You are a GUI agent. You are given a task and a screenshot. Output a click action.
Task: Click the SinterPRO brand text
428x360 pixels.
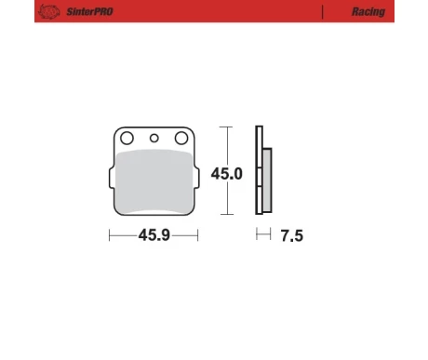(89, 12)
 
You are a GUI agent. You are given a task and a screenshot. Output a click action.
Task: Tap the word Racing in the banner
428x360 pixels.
(368, 12)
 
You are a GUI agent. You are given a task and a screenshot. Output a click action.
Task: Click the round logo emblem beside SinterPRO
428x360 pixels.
(49, 12)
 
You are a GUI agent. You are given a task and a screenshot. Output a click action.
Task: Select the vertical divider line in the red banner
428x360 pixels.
(323, 12)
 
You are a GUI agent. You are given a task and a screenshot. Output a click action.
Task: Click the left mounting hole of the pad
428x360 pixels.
(127, 138)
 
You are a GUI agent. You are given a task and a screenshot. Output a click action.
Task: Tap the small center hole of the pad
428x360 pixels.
(154, 139)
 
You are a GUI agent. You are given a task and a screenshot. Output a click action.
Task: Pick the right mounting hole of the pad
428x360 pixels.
(181, 138)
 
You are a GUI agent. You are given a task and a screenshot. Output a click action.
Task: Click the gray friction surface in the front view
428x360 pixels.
(154, 181)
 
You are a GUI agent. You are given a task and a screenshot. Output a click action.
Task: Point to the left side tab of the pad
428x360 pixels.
(112, 178)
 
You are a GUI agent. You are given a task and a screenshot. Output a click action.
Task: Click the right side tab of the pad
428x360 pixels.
(196, 178)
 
